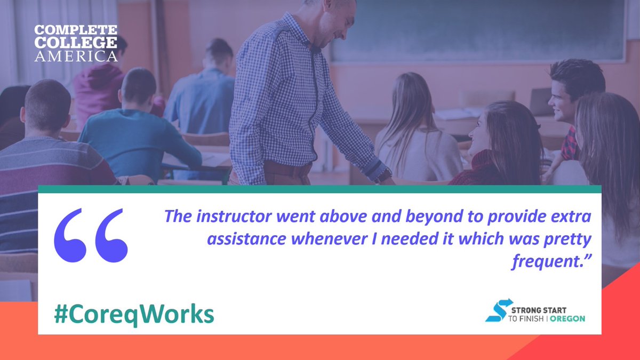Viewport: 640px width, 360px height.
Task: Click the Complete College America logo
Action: [76, 43]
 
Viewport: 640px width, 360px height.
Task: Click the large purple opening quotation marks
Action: [91, 235]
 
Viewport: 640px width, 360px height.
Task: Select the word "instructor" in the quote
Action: [226, 217]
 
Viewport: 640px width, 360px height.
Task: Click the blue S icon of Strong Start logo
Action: [499, 310]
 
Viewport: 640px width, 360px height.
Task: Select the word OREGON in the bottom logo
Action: [567, 318]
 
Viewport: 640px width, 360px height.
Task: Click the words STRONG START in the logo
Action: [539, 310]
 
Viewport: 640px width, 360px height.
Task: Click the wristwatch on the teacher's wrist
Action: [382, 175]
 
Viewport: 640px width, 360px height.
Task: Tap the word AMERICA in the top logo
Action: [76, 55]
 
